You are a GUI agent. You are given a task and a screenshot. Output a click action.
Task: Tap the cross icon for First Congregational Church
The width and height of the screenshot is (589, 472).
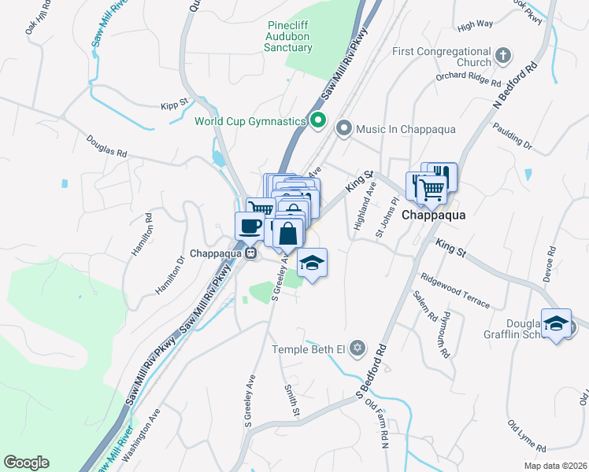(x=504, y=57)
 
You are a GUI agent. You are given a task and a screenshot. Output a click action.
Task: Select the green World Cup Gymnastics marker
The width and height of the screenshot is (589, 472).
(x=318, y=121)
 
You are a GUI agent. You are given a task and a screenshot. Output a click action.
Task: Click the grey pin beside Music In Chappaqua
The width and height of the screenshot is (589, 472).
(x=343, y=128)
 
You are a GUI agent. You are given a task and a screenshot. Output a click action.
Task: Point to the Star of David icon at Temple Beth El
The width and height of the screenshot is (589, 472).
(x=357, y=348)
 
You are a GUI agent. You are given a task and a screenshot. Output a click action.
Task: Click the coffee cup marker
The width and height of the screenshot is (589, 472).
(x=250, y=227)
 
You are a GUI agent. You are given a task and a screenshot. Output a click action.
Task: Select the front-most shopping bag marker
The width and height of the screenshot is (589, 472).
(x=289, y=234)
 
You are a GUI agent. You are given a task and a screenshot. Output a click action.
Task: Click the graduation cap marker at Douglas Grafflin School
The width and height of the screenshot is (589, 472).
(x=557, y=323)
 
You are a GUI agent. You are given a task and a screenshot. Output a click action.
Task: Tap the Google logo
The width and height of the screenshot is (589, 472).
(x=26, y=463)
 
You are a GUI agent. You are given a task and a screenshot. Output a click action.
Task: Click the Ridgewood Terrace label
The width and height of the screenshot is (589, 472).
(x=454, y=291)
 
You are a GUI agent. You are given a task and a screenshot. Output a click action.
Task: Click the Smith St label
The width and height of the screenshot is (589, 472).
(x=291, y=400)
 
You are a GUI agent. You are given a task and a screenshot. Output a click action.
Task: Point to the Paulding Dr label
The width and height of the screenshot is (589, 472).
(x=512, y=135)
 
